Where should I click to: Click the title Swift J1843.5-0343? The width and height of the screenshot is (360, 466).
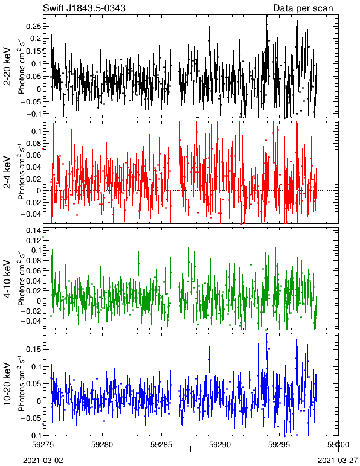84,8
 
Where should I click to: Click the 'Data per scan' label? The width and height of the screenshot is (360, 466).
303,8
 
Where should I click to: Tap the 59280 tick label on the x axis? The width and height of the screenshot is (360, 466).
102,445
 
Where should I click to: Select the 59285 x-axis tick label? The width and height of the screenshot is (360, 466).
161,445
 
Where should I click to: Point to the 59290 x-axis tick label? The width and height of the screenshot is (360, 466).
220,445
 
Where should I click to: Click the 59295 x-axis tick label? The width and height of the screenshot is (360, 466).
279,445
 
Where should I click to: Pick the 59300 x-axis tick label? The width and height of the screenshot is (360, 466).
338,445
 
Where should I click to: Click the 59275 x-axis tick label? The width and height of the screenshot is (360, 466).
43,445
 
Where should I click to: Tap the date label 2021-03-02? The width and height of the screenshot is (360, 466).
43,461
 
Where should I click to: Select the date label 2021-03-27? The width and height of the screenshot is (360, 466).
338,461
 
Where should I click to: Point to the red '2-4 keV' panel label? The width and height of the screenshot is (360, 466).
7,173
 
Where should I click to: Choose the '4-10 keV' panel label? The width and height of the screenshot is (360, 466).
7,279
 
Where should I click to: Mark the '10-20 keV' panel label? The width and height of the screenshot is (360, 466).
7,384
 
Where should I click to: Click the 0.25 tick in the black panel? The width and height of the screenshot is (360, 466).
33,26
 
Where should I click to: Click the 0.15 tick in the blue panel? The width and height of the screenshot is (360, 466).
33,349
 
